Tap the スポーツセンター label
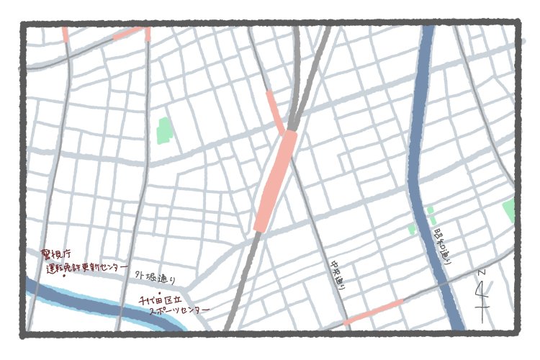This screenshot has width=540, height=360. (179, 310)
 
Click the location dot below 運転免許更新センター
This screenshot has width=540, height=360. (64, 275)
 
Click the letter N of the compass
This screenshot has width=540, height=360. (482, 273)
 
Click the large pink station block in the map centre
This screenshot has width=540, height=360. (276, 181)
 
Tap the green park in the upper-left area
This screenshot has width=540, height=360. (165, 130)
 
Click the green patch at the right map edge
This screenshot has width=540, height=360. (509, 211)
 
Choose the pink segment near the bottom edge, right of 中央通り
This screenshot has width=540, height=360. (374, 310)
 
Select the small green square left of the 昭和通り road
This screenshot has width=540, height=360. (413, 228)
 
